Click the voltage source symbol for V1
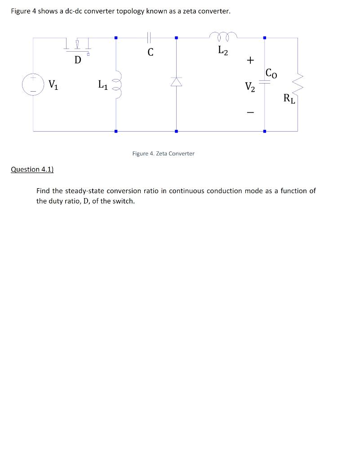tap(32, 84)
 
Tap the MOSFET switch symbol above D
tap(77, 44)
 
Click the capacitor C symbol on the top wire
tap(150, 38)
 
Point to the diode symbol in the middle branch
tap(176, 81)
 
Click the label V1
tap(53, 84)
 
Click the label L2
tap(223, 51)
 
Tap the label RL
tap(289, 98)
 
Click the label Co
tap(271, 72)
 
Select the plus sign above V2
tap(250, 60)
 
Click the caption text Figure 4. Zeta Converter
tap(163, 154)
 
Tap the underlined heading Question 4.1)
tap(32, 169)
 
